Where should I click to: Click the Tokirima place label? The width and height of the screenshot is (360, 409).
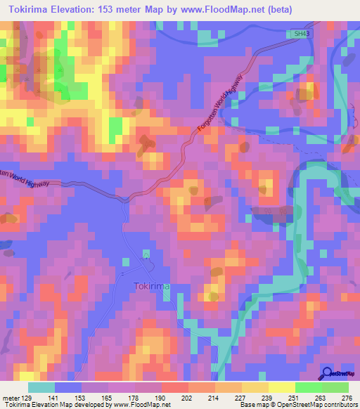[x=152, y=286]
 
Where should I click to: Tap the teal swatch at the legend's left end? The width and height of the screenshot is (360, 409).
[x=41, y=387]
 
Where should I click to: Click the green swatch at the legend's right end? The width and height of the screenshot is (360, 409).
[x=335, y=387]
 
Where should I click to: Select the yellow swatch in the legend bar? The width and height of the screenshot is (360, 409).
[x=281, y=387]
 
